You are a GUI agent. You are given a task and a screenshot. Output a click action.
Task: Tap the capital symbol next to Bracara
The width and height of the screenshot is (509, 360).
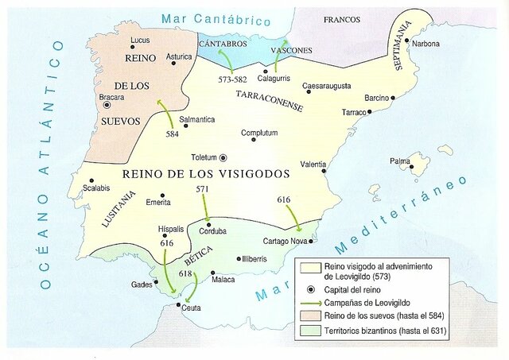point(107,104)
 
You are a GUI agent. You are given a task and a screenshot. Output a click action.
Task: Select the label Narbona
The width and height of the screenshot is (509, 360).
point(426,44)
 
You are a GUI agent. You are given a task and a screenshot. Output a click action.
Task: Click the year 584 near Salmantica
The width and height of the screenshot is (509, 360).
point(172,134)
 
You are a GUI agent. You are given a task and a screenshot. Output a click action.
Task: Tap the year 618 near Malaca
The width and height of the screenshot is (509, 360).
point(185,273)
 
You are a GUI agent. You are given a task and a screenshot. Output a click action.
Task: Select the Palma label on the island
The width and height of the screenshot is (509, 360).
point(400,161)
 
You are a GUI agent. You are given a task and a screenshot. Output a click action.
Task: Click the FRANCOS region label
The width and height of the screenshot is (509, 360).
point(342,18)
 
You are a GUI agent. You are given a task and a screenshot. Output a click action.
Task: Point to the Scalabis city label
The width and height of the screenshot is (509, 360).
point(95,188)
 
